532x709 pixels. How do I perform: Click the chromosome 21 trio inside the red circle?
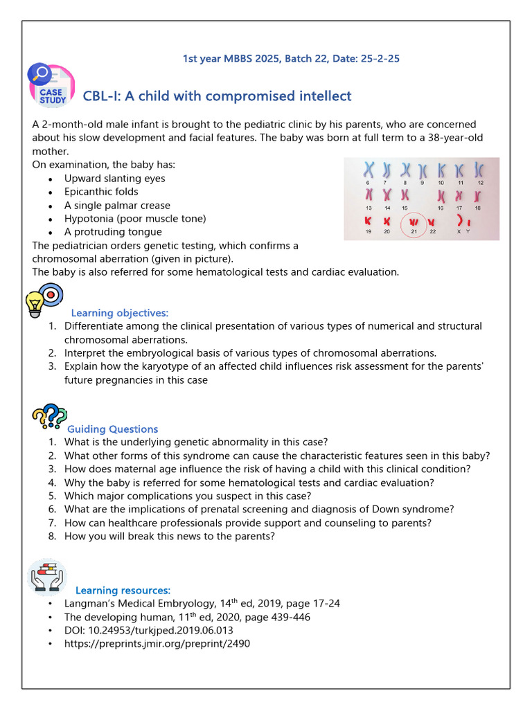(415, 222)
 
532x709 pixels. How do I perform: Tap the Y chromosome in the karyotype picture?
(470, 222)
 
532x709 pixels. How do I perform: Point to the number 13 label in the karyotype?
(369, 208)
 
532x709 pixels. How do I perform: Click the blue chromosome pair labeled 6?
(369, 170)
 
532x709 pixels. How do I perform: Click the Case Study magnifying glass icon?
(50, 86)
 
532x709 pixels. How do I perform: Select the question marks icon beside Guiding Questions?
(49, 417)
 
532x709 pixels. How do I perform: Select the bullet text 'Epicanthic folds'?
(101, 192)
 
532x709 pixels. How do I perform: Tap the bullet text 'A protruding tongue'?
(113, 232)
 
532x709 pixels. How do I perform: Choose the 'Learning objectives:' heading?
(120, 313)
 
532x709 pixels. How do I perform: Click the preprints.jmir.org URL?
(157, 644)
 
